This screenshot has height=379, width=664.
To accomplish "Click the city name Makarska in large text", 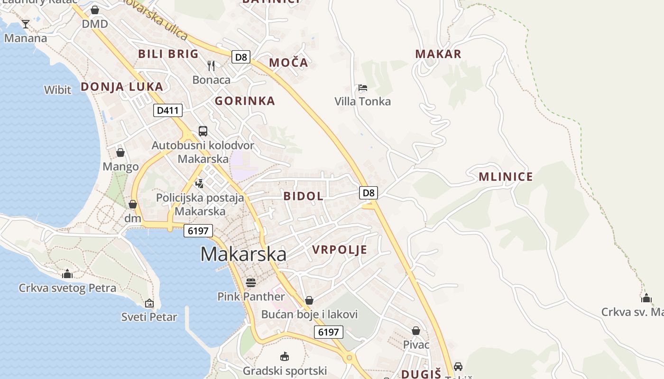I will (x=243, y=254).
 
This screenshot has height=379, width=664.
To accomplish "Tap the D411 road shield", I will (x=168, y=110).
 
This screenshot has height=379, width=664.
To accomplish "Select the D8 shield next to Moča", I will (x=241, y=57).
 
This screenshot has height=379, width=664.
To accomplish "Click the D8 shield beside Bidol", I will (x=369, y=192).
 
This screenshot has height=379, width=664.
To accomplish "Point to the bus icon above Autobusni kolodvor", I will (x=203, y=131).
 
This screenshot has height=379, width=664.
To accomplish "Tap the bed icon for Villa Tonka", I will (x=363, y=88).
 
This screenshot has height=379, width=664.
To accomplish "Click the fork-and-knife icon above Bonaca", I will (x=212, y=65).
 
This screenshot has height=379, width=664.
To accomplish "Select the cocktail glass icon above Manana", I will (x=26, y=24).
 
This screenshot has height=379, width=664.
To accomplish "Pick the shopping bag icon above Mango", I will (x=120, y=153).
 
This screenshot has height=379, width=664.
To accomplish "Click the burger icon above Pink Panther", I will (x=251, y=283).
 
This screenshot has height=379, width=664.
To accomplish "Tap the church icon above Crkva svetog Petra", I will (x=67, y=274).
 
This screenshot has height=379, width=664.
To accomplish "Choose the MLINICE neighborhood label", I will (x=506, y=177).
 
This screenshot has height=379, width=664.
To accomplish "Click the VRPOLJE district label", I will (x=340, y=250).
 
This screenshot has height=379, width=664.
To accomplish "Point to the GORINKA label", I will (x=245, y=100).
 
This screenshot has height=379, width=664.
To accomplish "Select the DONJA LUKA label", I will (x=122, y=87).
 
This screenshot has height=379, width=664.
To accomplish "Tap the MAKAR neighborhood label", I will (x=438, y=54).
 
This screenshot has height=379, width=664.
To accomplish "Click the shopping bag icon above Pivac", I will (x=416, y=331).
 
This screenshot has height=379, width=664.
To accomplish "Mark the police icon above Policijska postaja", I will (x=200, y=184).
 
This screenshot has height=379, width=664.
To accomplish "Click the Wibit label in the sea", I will (x=57, y=90).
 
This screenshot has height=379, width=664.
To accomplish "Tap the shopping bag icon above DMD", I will (x=95, y=10).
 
